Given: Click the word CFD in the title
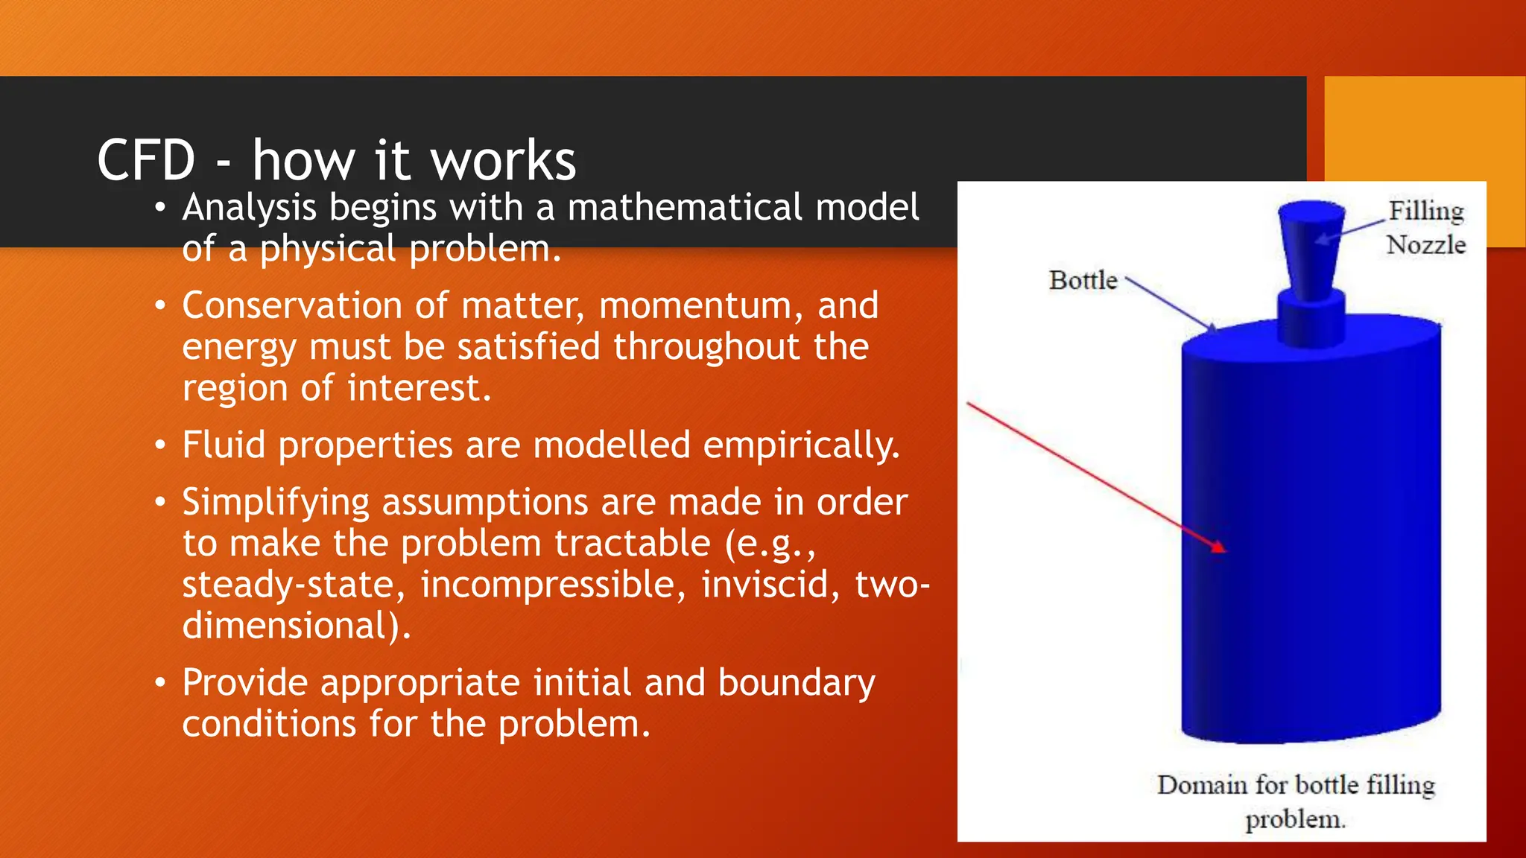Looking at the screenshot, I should pyautogui.click(x=146, y=160).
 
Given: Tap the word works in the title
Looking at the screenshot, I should pyautogui.click(x=503, y=160).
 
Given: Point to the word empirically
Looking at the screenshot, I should pyautogui.click(x=801, y=446).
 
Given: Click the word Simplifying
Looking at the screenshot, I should pyautogui.click(x=276, y=503).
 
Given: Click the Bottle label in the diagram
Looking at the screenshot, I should pyautogui.click(x=1083, y=280).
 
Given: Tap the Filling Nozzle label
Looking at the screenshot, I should pyautogui.click(x=1425, y=227).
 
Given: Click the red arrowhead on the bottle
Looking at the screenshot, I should pyautogui.click(x=1218, y=547).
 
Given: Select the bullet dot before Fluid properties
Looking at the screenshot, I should pyautogui.click(x=159, y=446).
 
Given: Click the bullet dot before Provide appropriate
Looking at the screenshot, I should pyautogui.click(x=159, y=683).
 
